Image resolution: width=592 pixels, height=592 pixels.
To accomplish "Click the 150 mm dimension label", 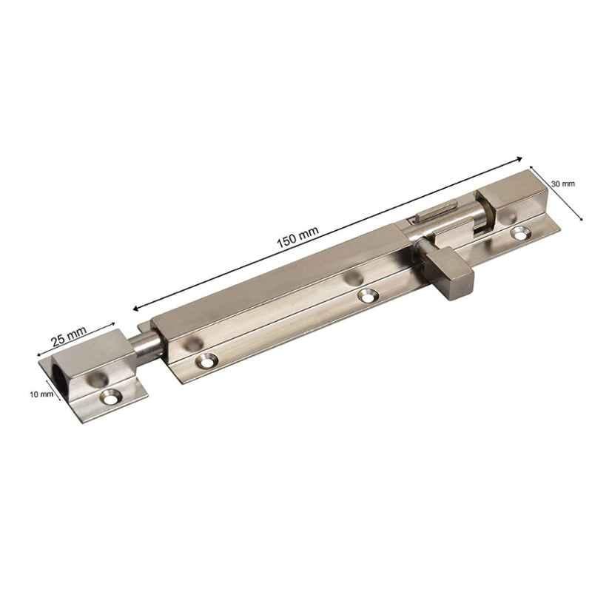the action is tap(298, 238).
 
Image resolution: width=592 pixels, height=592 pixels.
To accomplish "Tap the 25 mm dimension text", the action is tap(69, 336).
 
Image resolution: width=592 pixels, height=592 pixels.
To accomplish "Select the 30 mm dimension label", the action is tap(563, 184).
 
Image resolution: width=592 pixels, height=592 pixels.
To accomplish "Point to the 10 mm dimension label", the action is tap(41, 394).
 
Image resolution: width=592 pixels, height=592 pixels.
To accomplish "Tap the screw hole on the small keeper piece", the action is tap(111, 397).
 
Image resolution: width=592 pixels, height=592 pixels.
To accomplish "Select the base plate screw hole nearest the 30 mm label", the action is tap(521, 232).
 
